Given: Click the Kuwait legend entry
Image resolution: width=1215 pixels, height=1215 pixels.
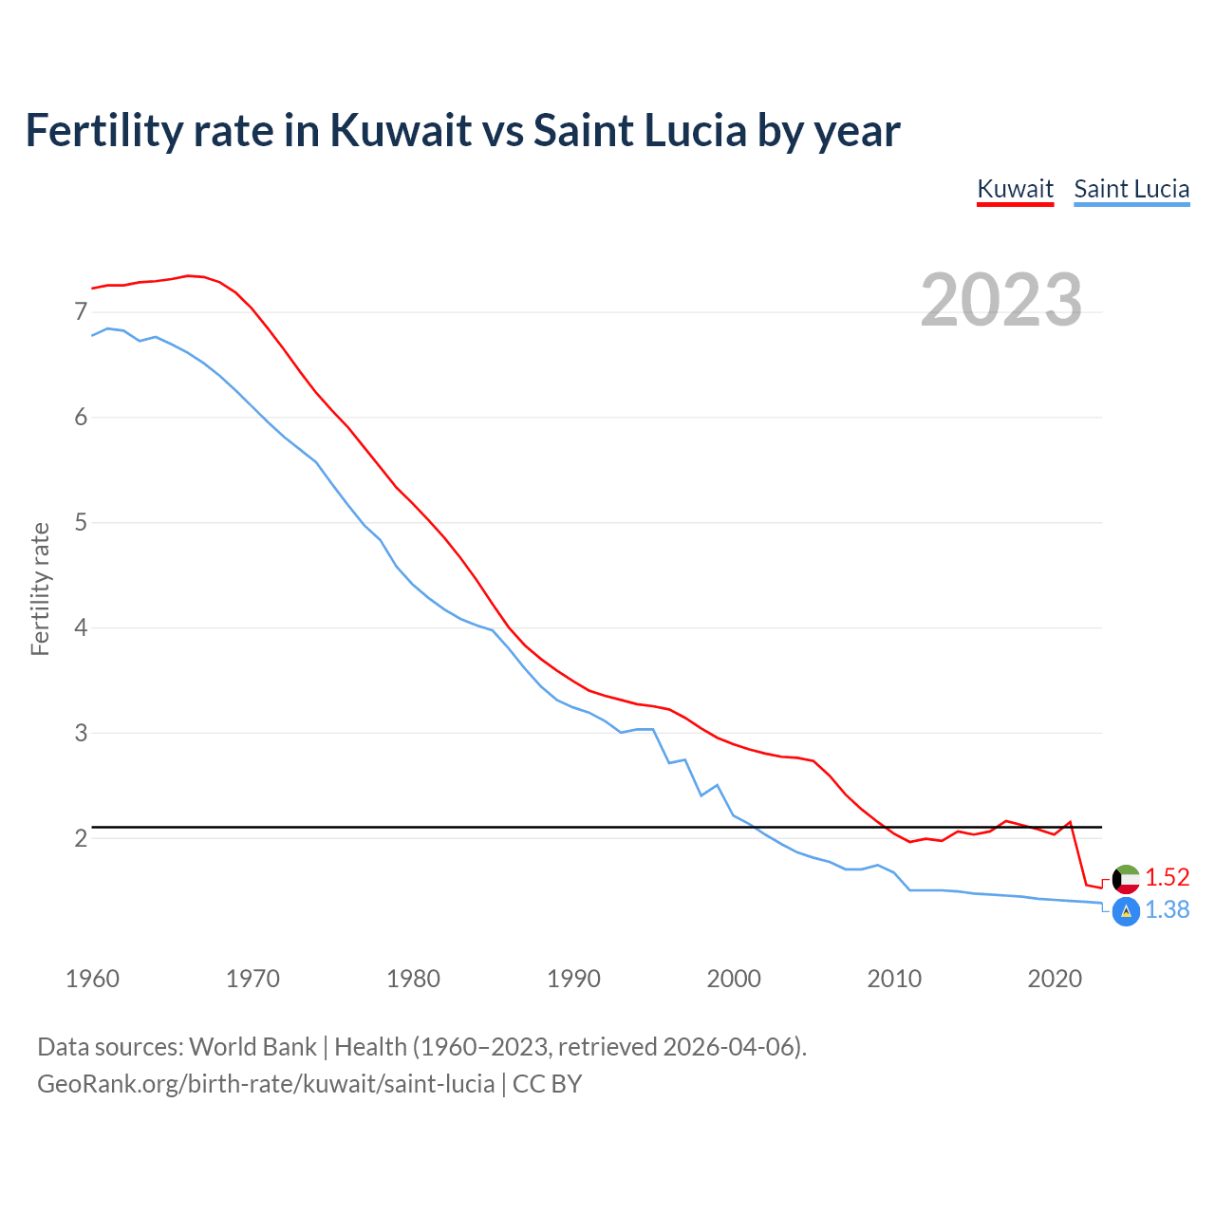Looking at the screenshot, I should pyautogui.click(x=1015, y=189).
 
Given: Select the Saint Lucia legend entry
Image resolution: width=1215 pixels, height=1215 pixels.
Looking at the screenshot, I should pyautogui.click(x=1131, y=189).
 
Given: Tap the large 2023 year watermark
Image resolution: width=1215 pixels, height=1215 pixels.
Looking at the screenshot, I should pyautogui.click(x=1001, y=300).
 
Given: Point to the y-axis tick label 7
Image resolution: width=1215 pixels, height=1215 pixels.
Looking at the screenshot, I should pyautogui.click(x=81, y=312).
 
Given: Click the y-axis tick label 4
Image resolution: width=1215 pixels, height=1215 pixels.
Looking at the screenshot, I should pyautogui.click(x=81, y=627).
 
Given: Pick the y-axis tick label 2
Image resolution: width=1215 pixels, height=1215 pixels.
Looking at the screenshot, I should pyautogui.click(x=81, y=838).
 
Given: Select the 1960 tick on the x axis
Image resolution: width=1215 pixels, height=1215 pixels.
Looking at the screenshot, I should pyautogui.click(x=92, y=979).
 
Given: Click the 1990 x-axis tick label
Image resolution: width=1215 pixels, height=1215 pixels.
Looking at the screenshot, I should pyautogui.click(x=573, y=979).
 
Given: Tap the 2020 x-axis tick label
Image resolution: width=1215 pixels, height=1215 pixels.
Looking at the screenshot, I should pyautogui.click(x=1055, y=979).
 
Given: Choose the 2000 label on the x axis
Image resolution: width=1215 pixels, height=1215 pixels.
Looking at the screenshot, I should pyautogui.click(x=734, y=979).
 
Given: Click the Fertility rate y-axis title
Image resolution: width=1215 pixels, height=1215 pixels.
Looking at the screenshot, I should pyautogui.click(x=40, y=589).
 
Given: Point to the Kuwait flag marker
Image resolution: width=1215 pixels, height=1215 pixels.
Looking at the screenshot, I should pyautogui.click(x=1126, y=878).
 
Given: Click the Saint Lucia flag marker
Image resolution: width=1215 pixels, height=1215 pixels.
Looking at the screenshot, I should pyautogui.click(x=1126, y=911).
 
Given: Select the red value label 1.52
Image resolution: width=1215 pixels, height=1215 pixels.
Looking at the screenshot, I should pyautogui.click(x=1167, y=877).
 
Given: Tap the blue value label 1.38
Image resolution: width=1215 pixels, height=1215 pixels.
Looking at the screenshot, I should pyautogui.click(x=1167, y=909).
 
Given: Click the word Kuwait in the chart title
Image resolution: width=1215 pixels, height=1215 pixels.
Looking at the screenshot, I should pyautogui.click(x=401, y=130).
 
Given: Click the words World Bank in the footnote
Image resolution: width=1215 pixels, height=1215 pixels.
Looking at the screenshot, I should pyautogui.click(x=252, y=1047).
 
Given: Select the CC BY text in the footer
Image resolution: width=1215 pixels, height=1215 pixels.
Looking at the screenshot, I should pyautogui.click(x=547, y=1084).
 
